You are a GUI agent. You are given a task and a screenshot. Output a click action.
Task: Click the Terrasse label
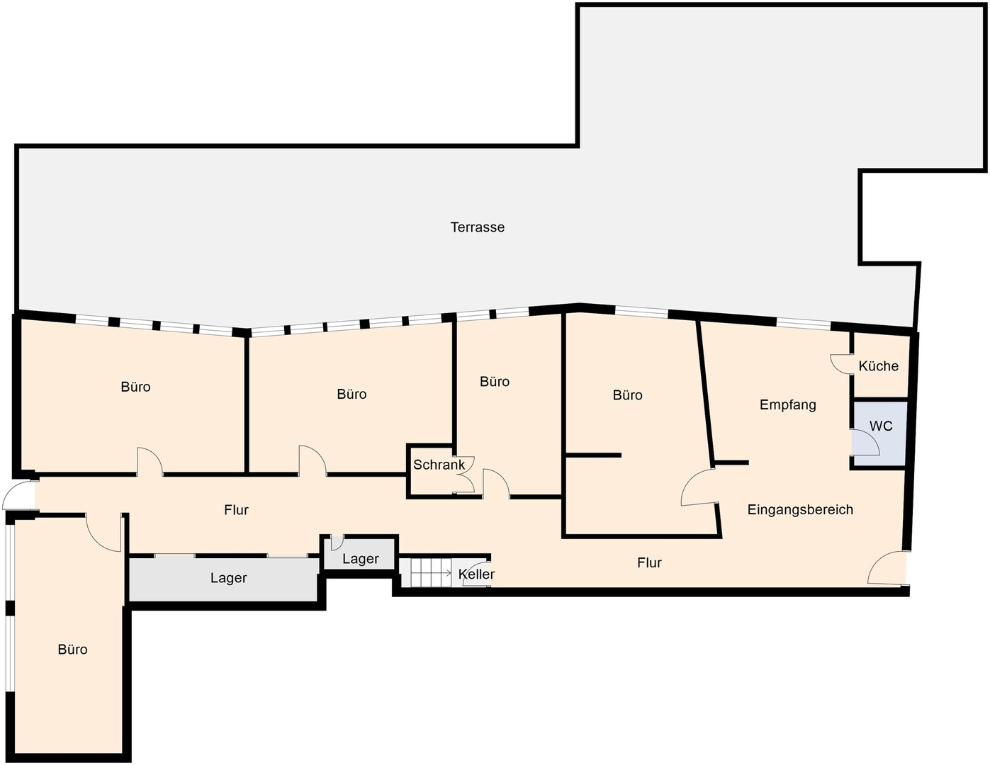[478, 227]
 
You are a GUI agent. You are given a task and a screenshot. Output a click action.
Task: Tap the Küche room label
[878, 365]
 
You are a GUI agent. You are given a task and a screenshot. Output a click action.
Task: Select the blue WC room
[879, 433]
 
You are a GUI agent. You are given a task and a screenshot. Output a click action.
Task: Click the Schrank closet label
[439, 465]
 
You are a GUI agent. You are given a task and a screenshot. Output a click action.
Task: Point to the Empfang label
[788, 405]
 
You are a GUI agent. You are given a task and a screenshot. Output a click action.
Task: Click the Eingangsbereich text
[800, 509]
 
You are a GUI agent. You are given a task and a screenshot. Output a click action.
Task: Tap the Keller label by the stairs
[476, 574]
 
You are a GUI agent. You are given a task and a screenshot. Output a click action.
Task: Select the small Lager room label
[361, 559]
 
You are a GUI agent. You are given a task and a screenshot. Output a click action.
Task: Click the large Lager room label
[228, 578]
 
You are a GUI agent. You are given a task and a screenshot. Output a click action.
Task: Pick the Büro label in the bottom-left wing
[72, 650]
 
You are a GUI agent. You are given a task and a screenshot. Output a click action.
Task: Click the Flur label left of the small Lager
[236, 510]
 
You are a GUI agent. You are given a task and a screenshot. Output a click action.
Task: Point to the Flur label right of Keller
[649, 563]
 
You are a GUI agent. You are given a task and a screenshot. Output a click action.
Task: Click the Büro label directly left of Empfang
[627, 395]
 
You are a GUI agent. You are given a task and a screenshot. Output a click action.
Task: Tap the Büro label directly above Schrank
[495, 381]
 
